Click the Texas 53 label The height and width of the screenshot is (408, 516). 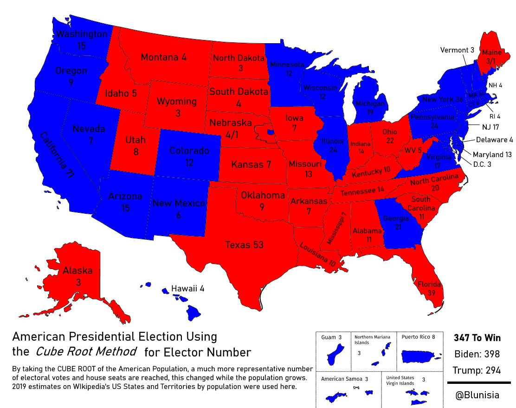[x=245, y=245]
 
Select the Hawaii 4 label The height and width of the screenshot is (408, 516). [x=187, y=289]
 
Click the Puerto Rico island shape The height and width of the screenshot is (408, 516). [x=420, y=356]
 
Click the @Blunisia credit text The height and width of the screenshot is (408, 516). [x=477, y=395]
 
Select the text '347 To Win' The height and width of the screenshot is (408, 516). [x=477, y=338]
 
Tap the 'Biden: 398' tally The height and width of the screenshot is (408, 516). [x=477, y=354]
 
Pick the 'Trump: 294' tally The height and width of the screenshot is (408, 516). [x=477, y=370]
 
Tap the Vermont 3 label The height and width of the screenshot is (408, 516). [x=457, y=50]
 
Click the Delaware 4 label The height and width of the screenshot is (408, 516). [x=494, y=139]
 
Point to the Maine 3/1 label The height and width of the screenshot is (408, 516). [x=492, y=56]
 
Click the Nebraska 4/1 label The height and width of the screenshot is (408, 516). [x=231, y=129]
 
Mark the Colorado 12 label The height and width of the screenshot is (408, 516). [x=189, y=156]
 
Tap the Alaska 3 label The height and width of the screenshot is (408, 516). [x=78, y=276]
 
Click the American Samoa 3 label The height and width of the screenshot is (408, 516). [x=344, y=379]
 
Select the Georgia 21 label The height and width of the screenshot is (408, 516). [x=396, y=222]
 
